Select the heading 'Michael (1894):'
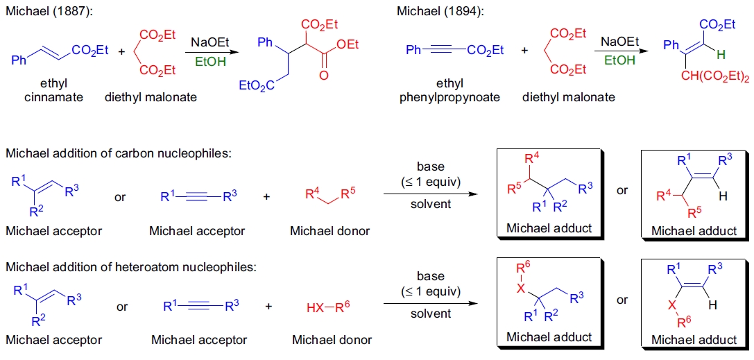437,11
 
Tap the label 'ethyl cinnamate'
53,90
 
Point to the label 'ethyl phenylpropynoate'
449,90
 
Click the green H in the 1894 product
722,53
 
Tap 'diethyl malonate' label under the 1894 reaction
568,97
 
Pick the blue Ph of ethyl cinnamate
19,60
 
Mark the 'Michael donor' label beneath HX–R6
332,340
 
